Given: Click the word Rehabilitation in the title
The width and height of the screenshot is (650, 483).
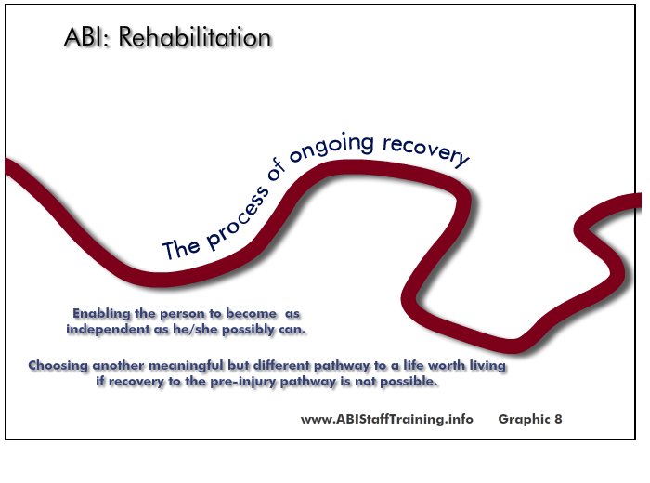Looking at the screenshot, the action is pyautogui.click(x=195, y=37).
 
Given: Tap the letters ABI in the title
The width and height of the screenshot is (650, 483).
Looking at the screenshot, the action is pyautogui.click(x=84, y=37).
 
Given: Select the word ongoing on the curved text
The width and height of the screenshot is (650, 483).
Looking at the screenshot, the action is pyautogui.click(x=331, y=148).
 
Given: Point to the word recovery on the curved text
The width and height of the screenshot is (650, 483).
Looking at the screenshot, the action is pyautogui.click(x=425, y=151).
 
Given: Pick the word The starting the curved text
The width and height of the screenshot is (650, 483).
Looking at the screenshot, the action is pyautogui.click(x=181, y=248).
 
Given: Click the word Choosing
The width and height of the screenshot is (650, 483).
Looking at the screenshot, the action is pyautogui.click(x=58, y=366).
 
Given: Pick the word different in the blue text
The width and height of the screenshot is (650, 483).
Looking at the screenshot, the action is pyautogui.click(x=281, y=365).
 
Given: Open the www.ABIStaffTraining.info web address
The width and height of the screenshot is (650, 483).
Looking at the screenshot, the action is pyautogui.click(x=387, y=419).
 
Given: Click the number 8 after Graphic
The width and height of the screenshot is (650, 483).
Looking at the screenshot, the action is pyautogui.click(x=558, y=419).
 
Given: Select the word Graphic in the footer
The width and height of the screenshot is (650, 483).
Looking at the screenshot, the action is pyautogui.click(x=524, y=419).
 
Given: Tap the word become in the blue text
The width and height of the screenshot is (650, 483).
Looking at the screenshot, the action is pyautogui.click(x=252, y=314).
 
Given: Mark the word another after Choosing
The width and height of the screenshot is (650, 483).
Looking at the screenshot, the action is pyautogui.click(x=118, y=366).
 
